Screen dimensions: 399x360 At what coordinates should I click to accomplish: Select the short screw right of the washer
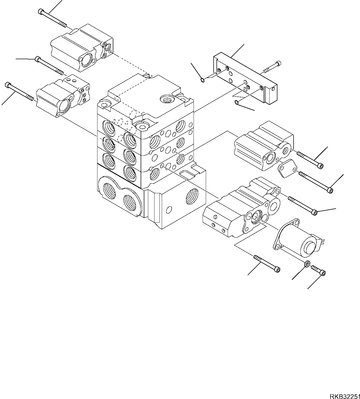[319, 270]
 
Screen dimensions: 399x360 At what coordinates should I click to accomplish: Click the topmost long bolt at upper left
[52, 18]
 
